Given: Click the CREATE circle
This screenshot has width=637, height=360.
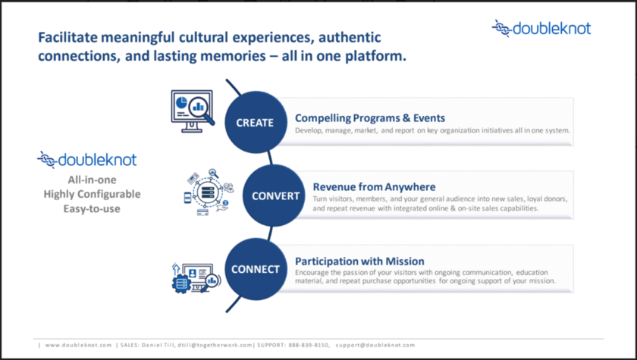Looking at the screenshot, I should [x=254, y=122].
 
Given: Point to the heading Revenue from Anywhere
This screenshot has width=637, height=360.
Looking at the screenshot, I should [x=375, y=186].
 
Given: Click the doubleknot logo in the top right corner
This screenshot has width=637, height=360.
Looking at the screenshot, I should [x=541, y=29].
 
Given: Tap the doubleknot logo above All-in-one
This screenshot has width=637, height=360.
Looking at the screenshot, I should [x=86, y=160].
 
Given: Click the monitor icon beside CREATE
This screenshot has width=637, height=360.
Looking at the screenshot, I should [x=191, y=111].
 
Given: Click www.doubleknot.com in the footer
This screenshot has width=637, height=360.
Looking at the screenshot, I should [x=78, y=345].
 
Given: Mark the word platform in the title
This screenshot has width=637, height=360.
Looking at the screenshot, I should [x=379, y=55].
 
